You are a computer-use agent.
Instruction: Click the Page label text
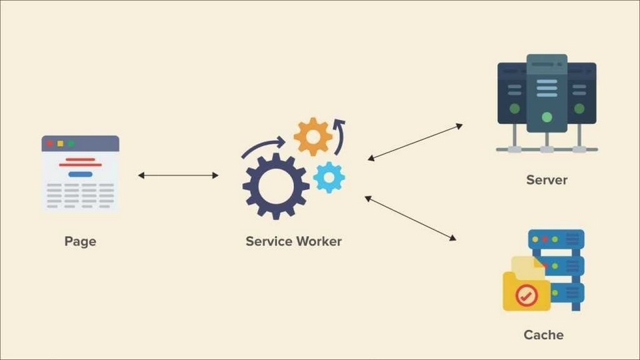click(x=81, y=241)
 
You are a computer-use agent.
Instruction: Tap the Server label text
click(x=547, y=180)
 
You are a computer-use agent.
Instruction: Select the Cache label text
click(x=543, y=335)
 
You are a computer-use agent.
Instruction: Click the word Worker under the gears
click(x=319, y=241)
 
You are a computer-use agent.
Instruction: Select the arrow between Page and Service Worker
click(x=178, y=175)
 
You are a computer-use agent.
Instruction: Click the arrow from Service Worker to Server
click(x=415, y=142)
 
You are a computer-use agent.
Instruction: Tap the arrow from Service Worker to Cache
click(x=410, y=218)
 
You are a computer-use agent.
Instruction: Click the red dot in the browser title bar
click(x=50, y=143)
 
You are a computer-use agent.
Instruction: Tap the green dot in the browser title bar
click(x=71, y=143)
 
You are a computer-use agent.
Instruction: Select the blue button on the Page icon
click(x=81, y=174)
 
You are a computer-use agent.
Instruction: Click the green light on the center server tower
click(x=547, y=117)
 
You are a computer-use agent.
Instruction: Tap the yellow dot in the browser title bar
click(x=61, y=143)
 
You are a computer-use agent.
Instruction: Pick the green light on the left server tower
click(x=515, y=109)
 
